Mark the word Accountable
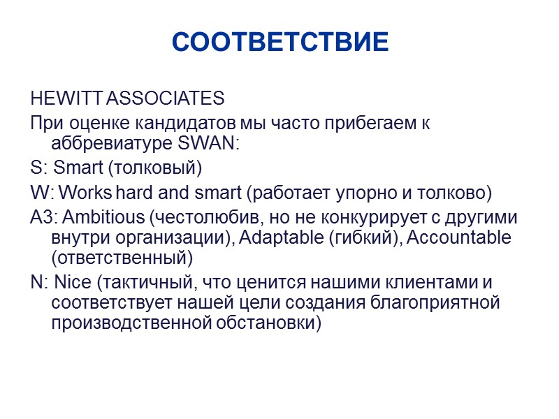click(x=458, y=237)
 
